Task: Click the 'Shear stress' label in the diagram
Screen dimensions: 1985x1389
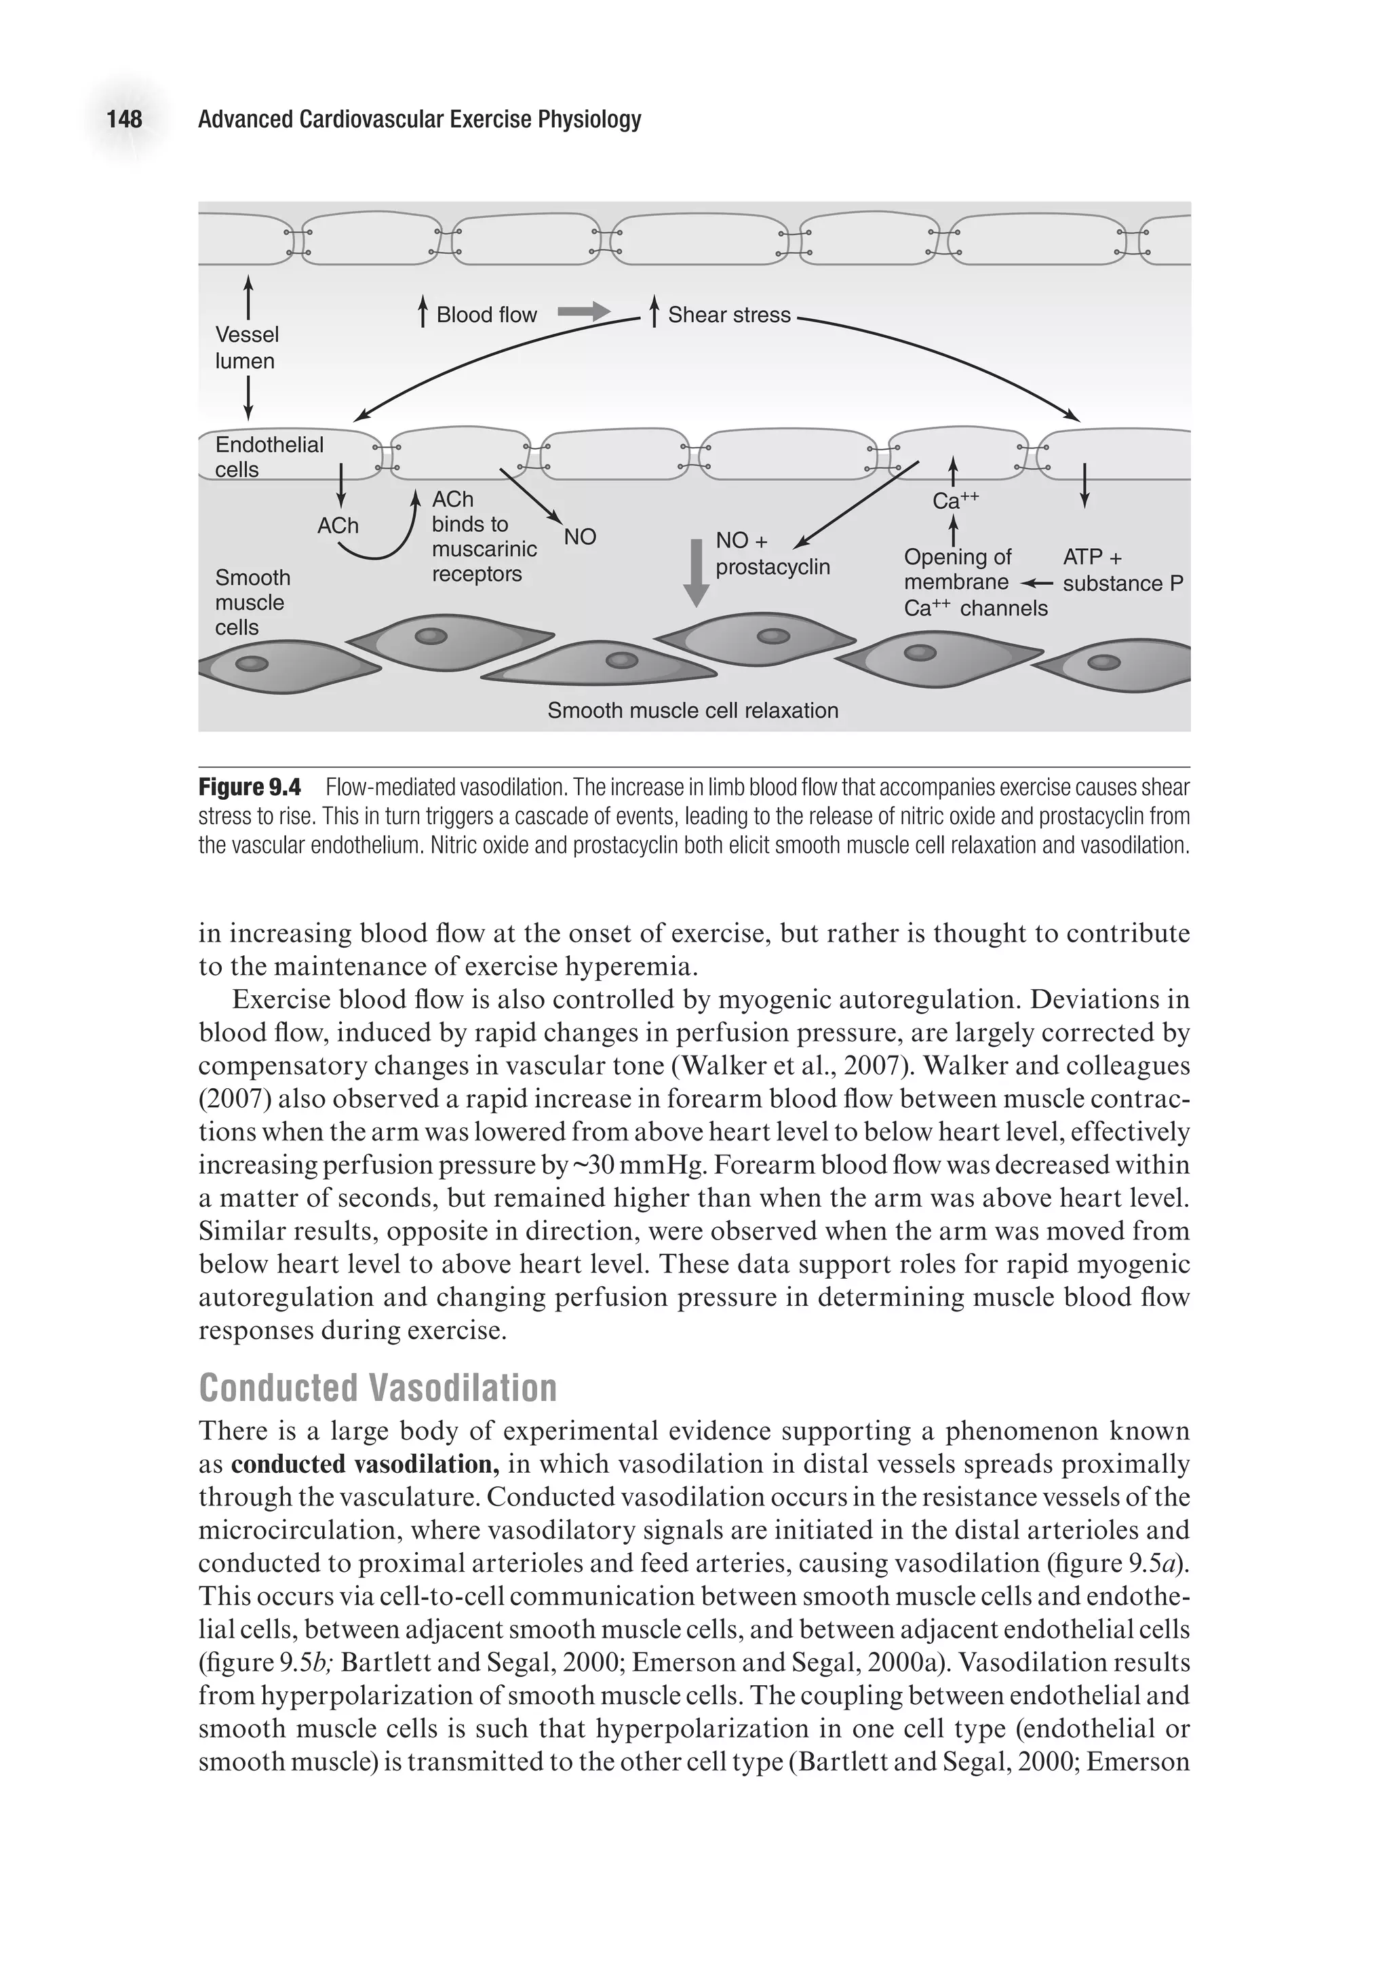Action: coord(728,315)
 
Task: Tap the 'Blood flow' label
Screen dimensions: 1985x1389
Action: coord(486,315)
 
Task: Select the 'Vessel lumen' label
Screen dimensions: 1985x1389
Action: coord(246,347)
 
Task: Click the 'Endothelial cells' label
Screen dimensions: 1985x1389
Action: coord(269,457)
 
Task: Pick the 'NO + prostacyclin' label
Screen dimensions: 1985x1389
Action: coord(772,554)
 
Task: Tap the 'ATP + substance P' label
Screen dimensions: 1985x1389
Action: coord(1122,571)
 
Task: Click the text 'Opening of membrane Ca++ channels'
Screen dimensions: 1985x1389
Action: coord(974,583)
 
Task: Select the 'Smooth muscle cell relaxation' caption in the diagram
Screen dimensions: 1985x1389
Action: coord(693,711)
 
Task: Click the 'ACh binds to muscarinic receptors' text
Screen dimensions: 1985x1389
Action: coord(482,537)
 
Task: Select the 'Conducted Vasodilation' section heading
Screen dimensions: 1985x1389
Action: coord(378,1387)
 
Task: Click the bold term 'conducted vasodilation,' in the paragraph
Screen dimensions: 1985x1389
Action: coord(366,1465)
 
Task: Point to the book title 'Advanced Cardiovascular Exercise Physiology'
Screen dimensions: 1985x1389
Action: coord(419,119)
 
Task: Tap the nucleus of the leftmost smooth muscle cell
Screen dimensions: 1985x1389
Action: coord(252,664)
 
